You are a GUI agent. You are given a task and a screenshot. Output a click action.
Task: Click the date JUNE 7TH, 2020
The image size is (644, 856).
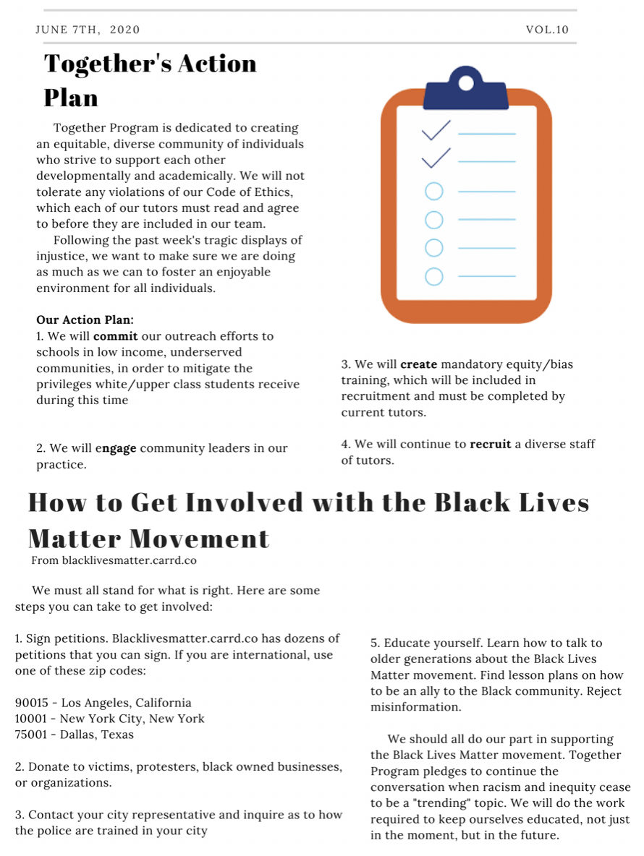click(88, 30)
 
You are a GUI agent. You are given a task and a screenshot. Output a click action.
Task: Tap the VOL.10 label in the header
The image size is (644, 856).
click(548, 30)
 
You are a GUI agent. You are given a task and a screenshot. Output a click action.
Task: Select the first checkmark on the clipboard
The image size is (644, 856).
click(436, 130)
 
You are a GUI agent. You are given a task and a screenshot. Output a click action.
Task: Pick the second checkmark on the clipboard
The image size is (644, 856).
click(436, 157)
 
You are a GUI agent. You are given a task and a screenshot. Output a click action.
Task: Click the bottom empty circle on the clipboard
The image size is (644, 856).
click(433, 276)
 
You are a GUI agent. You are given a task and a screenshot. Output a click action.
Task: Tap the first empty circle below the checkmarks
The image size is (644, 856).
click(433, 192)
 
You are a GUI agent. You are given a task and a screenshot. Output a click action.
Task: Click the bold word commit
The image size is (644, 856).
click(115, 336)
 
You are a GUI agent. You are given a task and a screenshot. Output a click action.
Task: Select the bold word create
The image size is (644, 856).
click(418, 364)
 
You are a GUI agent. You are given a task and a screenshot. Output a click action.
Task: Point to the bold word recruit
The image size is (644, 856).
click(491, 444)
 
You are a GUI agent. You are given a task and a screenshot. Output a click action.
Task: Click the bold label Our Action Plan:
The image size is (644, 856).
click(85, 320)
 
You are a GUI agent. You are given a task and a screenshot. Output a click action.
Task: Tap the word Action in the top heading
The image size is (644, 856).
click(209, 64)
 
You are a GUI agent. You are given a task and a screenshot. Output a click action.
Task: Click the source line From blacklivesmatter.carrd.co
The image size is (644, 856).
click(114, 560)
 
